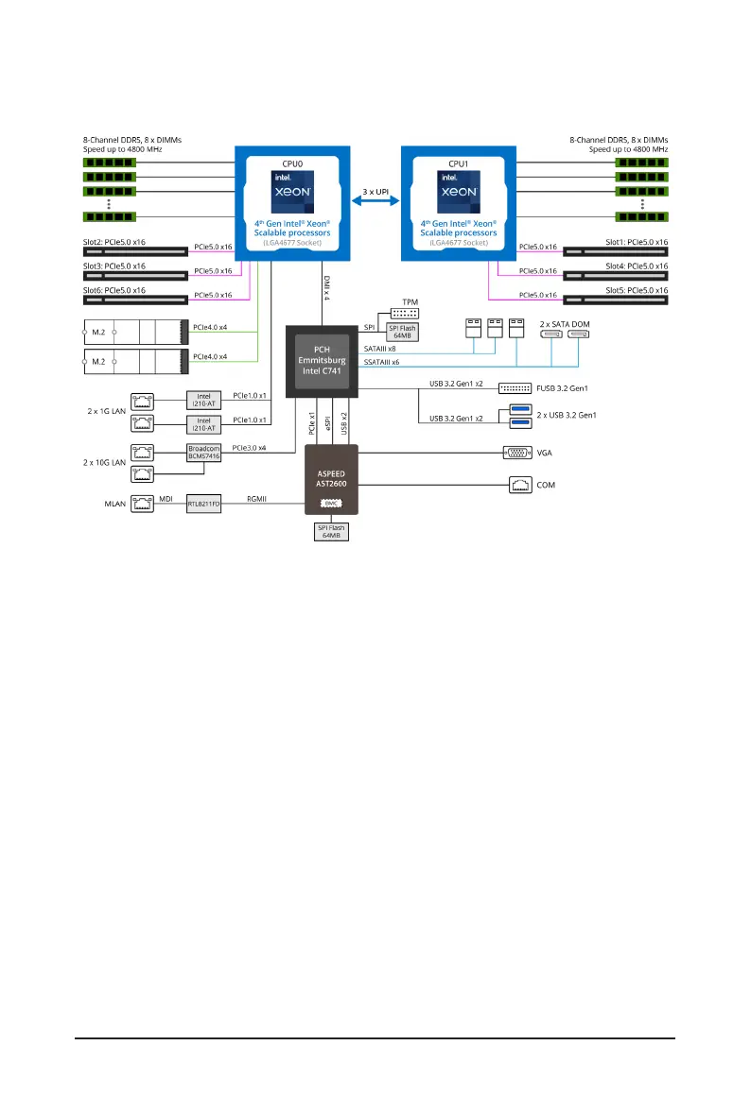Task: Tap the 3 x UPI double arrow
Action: point(375,200)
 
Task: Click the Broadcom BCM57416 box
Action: point(203,454)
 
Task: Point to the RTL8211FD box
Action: point(203,504)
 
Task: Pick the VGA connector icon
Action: point(519,453)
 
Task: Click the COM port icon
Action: point(519,485)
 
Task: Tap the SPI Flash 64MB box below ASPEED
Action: point(331,532)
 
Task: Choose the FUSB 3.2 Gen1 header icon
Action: point(515,387)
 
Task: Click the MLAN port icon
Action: point(142,504)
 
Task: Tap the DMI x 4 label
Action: point(326,287)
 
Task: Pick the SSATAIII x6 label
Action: point(382,362)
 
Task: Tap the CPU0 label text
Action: point(293,163)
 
